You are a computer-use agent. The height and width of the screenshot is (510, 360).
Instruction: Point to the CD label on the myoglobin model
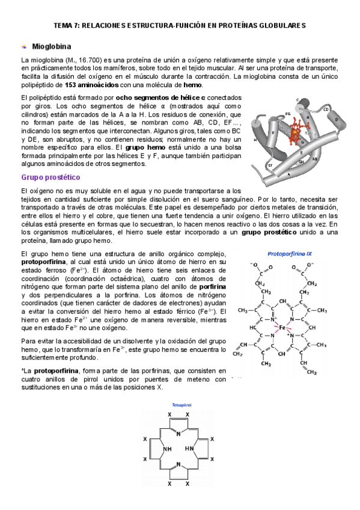(325, 109)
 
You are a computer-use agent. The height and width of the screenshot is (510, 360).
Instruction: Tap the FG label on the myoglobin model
(288, 113)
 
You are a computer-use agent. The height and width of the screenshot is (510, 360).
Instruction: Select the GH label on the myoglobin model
(301, 161)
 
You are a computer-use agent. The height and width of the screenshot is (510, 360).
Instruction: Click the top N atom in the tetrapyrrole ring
(178, 432)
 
